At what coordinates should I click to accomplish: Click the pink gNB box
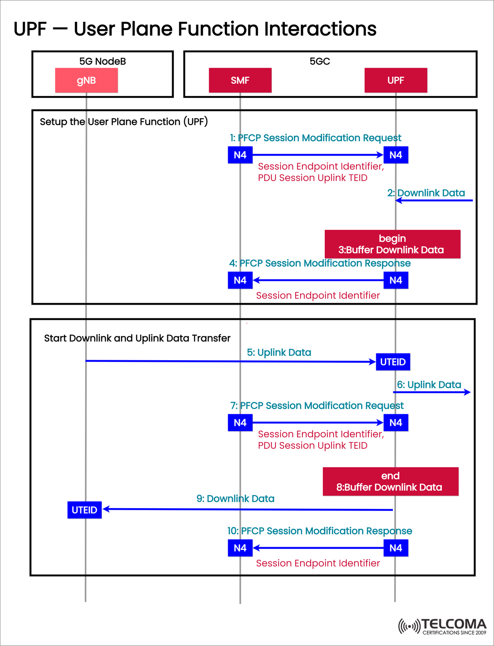coord(86,80)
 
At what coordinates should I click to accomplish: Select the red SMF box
coord(240,80)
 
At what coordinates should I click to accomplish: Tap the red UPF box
coord(396,80)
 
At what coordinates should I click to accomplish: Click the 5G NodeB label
coord(103,61)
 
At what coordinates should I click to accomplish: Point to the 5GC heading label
coord(320,61)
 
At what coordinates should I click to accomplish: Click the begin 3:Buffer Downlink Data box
coord(392,244)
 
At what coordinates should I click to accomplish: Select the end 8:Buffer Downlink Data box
coord(390,481)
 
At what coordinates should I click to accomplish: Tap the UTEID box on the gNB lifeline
coord(84,510)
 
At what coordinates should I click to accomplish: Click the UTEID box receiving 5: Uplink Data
coord(393,362)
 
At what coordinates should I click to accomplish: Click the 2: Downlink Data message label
coord(426,193)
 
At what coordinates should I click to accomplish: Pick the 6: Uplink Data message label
coord(429,385)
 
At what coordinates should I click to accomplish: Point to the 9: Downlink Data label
coord(235,499)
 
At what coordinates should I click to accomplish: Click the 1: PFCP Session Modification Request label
coord(315,138)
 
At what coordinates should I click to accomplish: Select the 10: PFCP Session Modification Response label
coord(319,531)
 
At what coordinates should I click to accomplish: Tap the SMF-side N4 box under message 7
coord(240,423)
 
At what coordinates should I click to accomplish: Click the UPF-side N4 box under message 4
coord(396,280)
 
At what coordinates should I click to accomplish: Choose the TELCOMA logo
coord(443,626)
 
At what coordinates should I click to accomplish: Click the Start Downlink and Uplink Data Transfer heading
coord(137,338)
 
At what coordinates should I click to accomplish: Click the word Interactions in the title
coord(320,29)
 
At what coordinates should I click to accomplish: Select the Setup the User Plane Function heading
coord(123,122)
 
